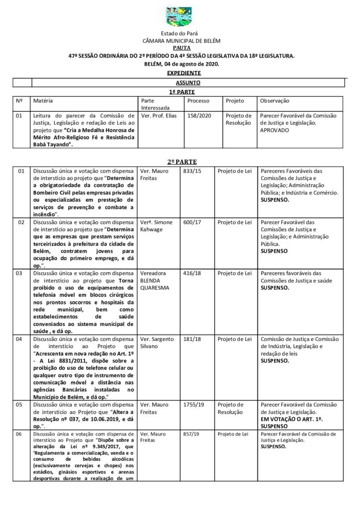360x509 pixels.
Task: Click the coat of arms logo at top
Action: coord(180,18)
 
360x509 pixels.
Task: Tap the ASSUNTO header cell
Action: coord(180,83)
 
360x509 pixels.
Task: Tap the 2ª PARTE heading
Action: coord(180,162)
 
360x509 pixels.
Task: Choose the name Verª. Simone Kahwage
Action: coord(157,226)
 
